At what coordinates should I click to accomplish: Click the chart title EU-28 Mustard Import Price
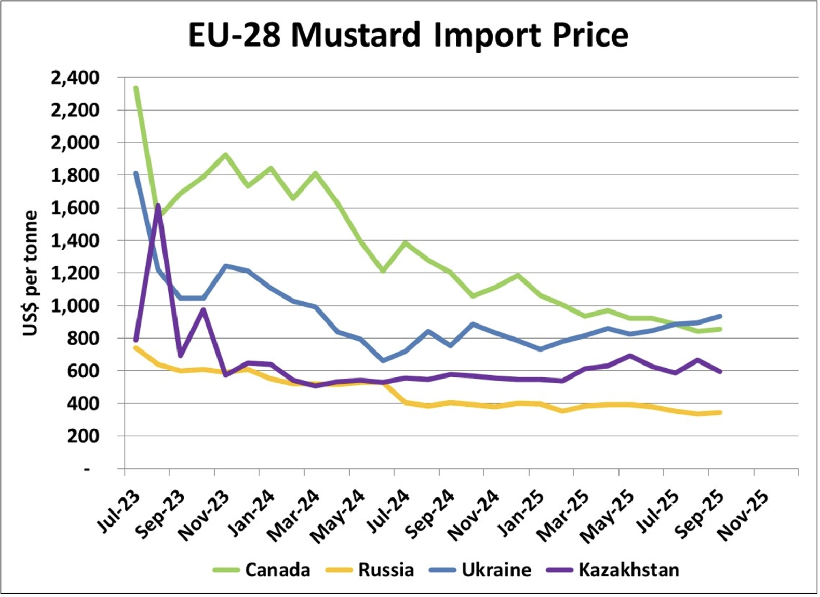[408, 35]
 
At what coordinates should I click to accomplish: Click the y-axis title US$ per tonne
[31, 273]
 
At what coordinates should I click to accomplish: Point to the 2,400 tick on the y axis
[75, 78]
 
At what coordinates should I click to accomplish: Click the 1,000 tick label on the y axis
[75, 305]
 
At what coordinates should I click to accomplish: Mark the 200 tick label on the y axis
[84, 436]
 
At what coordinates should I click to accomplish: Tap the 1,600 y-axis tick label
[75, 208]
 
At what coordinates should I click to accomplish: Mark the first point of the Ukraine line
[136, 173]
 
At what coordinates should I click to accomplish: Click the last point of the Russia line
[720, 412]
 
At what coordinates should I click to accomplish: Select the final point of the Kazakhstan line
[720, 371]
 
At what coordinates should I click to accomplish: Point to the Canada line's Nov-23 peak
[225, 155]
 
